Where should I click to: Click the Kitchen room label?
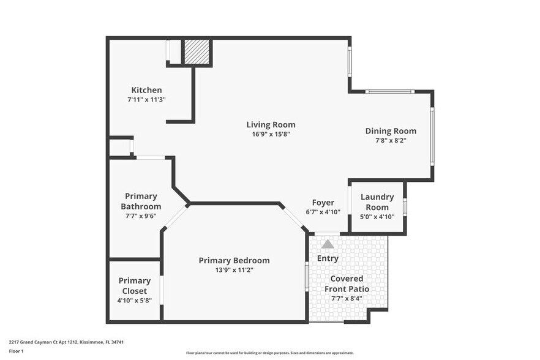[146, 90]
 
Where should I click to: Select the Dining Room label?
[391, 130]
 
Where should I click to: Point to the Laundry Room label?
[377, 201]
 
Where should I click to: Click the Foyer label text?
[323, 203]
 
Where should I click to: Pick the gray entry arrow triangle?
[328, 244]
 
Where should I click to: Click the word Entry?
[328, 258]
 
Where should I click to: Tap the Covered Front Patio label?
[346, 283]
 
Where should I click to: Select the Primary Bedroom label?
[234, 260]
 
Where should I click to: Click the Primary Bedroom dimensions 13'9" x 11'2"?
[234, 270]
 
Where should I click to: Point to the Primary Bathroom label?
[140, 201]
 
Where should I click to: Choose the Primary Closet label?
[135, 286]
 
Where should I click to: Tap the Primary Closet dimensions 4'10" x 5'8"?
[135, 301]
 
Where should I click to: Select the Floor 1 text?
[16, 351]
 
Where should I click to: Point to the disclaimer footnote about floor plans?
[269, 353]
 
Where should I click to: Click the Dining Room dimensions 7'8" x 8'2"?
[391, 140]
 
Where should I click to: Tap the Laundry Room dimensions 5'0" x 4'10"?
[377, 216]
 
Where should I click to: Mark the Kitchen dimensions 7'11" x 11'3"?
[146, 99]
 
